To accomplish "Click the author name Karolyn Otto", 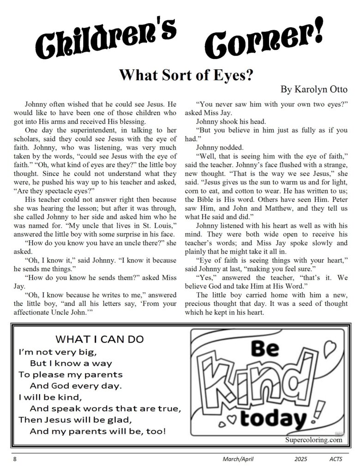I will coord(314,89).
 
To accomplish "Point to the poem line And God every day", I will coord(77,385).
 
